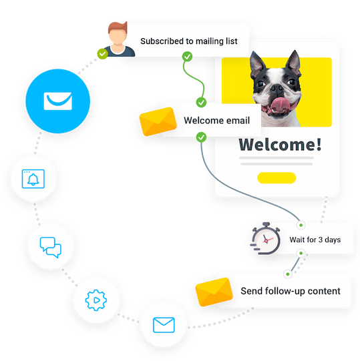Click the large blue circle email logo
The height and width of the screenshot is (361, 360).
58,101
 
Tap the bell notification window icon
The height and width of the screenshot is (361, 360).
33,179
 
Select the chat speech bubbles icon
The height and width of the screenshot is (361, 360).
51,248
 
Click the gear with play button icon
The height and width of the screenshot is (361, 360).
96,300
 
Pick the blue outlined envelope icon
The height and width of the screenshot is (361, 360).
164,325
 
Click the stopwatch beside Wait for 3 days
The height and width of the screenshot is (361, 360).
266,238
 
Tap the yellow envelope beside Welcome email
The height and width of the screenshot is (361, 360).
158,121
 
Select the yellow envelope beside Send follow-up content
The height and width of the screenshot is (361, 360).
214,292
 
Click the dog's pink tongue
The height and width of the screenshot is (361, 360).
281,105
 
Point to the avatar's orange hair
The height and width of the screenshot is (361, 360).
118,27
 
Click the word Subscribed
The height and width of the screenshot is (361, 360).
162,41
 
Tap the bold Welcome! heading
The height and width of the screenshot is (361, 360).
280,145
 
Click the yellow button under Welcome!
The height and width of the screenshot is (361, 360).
277,178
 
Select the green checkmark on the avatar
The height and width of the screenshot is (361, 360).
103,54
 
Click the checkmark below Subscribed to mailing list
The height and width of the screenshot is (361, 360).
187,57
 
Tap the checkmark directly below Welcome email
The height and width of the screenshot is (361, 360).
201,137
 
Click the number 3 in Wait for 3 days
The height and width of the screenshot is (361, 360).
321,240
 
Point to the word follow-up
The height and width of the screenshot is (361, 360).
285,291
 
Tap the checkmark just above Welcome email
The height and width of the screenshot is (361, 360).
201,102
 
